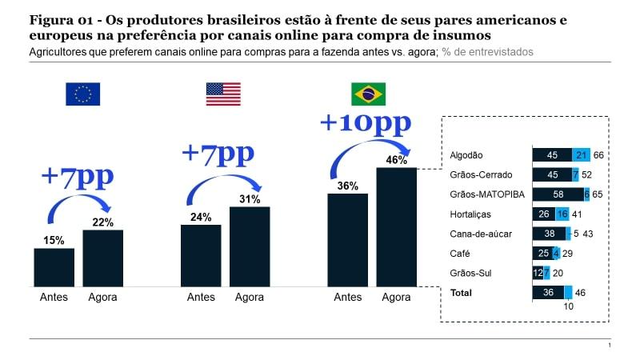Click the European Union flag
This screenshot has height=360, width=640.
82,94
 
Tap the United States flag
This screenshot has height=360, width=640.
223,94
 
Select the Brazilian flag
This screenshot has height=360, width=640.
368,94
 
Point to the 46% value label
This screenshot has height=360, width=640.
396,160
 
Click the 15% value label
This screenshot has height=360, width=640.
54,240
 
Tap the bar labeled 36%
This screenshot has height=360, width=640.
348,240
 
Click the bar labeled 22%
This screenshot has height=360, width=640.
103,258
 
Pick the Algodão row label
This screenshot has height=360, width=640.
466,155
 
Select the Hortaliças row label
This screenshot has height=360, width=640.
470,214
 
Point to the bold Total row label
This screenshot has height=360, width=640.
462,293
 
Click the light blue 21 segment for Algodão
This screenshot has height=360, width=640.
582,155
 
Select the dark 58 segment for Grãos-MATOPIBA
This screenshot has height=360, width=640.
558,194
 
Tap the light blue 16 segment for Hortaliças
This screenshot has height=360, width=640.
562,214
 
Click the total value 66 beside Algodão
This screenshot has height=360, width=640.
598,155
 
